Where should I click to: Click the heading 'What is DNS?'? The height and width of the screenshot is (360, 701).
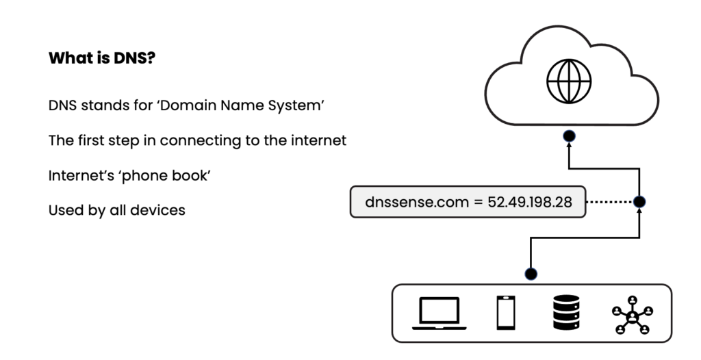(101, 58)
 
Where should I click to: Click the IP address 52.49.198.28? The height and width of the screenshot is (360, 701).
(530, 202)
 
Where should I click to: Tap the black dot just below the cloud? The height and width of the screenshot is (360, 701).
(568, 136)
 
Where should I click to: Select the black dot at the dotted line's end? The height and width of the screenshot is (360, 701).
(639, 202)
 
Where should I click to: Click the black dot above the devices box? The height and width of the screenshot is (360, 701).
(531, 274)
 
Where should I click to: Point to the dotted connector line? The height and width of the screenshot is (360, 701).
(611, 202)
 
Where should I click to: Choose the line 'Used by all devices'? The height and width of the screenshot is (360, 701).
(116, 210)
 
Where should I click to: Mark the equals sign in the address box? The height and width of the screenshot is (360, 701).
(478, 203)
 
